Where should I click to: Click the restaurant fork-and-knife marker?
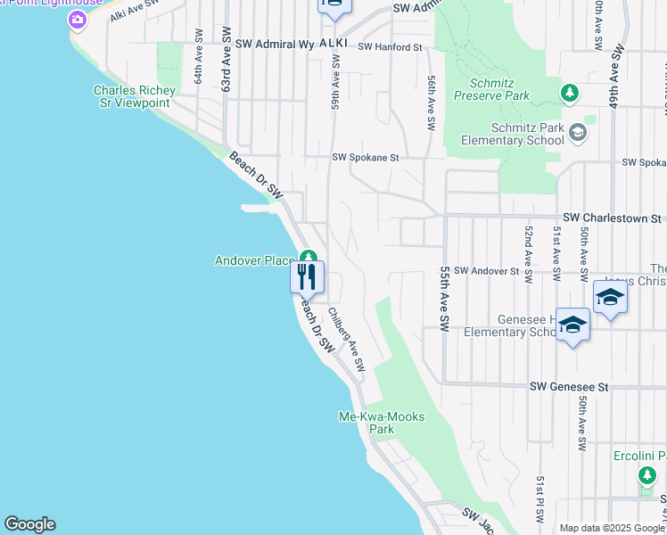307,276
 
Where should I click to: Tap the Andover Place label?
254,260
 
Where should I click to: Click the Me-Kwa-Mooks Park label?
382,423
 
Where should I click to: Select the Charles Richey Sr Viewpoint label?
131,96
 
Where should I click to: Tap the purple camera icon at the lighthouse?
78,20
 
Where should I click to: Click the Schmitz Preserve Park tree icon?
569,92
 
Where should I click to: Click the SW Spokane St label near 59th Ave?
365,157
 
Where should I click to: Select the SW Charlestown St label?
612,218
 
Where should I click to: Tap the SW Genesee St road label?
569,387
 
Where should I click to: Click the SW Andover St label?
486,270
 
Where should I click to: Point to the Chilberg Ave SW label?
346,340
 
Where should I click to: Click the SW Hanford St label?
390,46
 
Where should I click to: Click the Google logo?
29,524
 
